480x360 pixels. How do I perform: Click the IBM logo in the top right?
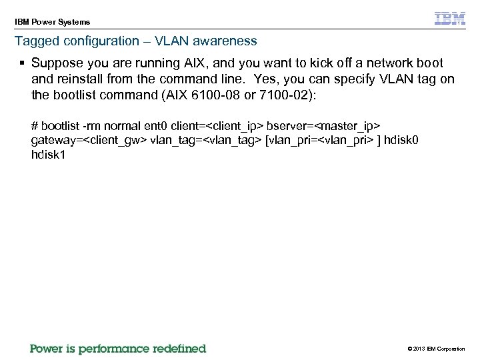(450, 19)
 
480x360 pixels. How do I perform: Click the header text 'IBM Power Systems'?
(53, 22)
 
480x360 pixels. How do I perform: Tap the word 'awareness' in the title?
(229, 41)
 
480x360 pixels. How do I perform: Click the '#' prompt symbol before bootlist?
(35, 126)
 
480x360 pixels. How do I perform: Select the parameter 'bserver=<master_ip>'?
(323, 126)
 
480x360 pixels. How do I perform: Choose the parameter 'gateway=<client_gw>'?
(89, 141)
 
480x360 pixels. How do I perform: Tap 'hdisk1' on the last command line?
(47, 156)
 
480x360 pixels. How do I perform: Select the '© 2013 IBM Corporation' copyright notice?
(435, 349)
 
